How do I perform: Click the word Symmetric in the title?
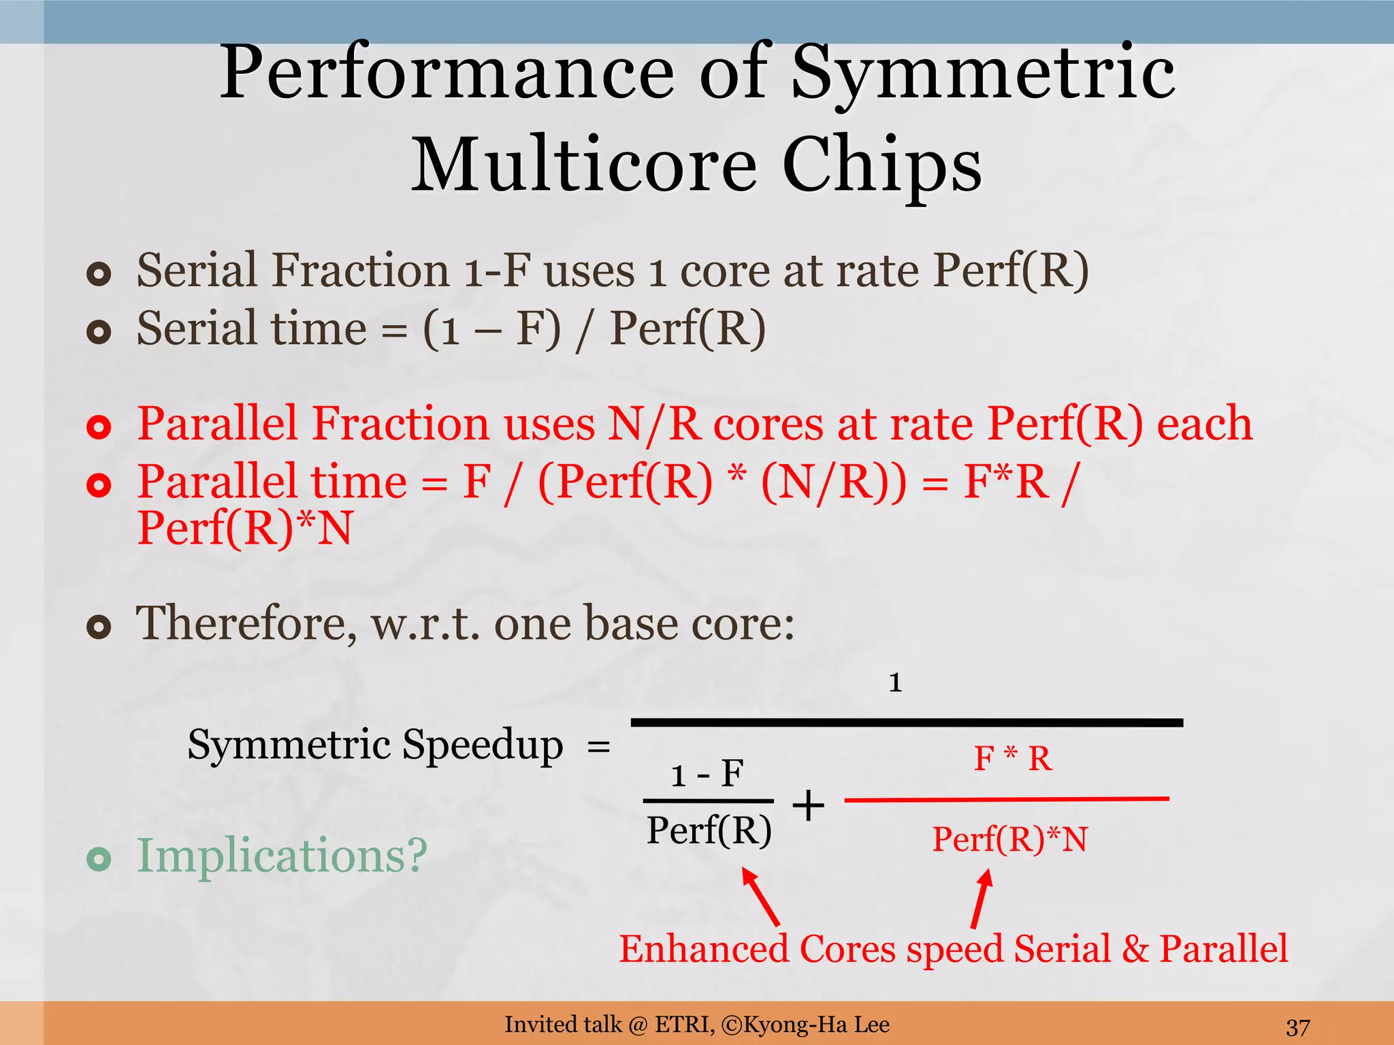pyautogui.click(x=983, y=73)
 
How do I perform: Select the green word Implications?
pyautogui.click(x=282, y=856)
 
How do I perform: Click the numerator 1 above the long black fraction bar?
pyautogui.click(x=895, y=682)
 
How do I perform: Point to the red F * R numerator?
pyautogui.click(x=1013, y=759)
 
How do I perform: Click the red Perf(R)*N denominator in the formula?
pyautogui.click(x=1009, y=839)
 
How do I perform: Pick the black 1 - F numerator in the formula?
pyautogui.click(x=707, y=774)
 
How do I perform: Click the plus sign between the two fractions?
pyautogui.click(x=809, y=806)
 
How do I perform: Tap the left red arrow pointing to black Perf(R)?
pyautogui.click(x=760, y=896)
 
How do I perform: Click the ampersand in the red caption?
pyautogui.click(x=1135, y=949)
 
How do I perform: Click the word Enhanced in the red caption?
pyautogui.click(x=704, y=949)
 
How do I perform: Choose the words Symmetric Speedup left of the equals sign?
pyautogui.click(x=375, y=745)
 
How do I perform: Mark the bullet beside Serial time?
pyautogui.click(x=99, y=332)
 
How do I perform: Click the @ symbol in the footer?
pyautogui.click(x=638, y=1025)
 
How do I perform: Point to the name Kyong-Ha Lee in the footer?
pyautogui.click(x=816, y=1025)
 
